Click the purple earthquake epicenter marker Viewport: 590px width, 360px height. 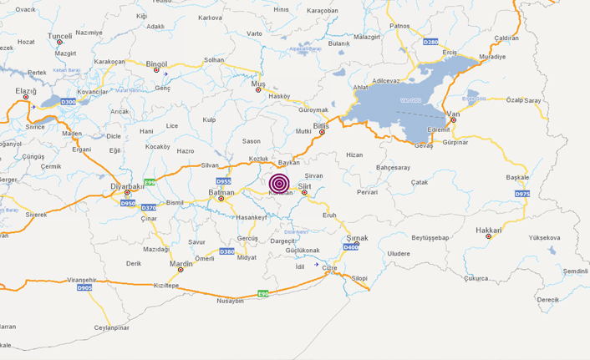280,183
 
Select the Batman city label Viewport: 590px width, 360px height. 221,192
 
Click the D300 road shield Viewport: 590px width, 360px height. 69,102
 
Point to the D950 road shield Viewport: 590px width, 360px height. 127,203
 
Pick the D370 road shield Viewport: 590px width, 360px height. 149,207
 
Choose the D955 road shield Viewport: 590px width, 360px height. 224,180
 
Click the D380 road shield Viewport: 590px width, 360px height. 226,251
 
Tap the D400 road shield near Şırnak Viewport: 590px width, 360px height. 351,247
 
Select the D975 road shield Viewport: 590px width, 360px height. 522,194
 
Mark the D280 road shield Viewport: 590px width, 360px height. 430,41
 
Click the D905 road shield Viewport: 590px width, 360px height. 84,287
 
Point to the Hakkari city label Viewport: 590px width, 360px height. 489,229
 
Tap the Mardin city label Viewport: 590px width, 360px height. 181,263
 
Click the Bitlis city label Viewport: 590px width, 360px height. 321,125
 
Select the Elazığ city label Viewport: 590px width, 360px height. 27,90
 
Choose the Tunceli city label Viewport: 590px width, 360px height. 59,36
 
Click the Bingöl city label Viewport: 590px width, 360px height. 157,63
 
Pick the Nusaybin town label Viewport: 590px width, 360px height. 230,301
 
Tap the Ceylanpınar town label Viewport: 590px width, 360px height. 113,327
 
